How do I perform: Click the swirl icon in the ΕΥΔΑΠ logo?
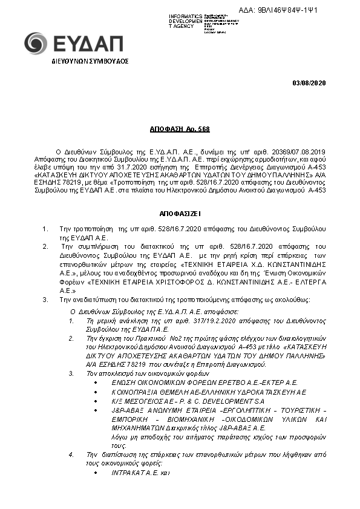click(34, 43)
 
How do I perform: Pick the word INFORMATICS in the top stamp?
click(185, 15)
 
